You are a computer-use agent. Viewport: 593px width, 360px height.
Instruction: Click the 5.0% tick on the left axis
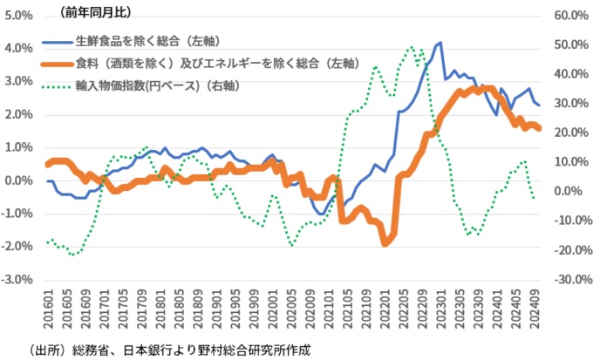tap(17, 16)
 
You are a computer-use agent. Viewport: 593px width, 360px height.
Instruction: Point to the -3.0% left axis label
tap(17, 280)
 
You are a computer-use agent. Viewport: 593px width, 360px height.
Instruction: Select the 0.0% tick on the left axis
tap(17, 180)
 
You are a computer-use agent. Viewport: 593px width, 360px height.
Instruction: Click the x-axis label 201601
tap(50, 309)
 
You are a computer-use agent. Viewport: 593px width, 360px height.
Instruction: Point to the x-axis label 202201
tap(385, 309)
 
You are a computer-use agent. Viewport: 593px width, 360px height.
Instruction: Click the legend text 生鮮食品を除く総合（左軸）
tap(145, 40)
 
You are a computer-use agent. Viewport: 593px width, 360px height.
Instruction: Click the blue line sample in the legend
tap(57, 40)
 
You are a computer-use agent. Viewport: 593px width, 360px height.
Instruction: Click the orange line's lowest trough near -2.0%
tap(385, 244)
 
